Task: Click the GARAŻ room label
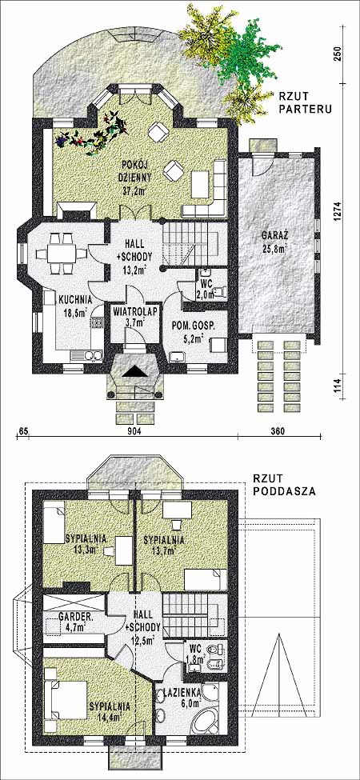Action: click(x=274, y=234)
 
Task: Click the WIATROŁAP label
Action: click(x=128, y=312)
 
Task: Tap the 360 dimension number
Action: click(x=278, y=430)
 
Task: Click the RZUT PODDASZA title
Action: click(x=280, y=485)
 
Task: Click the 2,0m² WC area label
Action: click(x=206, y=294)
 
